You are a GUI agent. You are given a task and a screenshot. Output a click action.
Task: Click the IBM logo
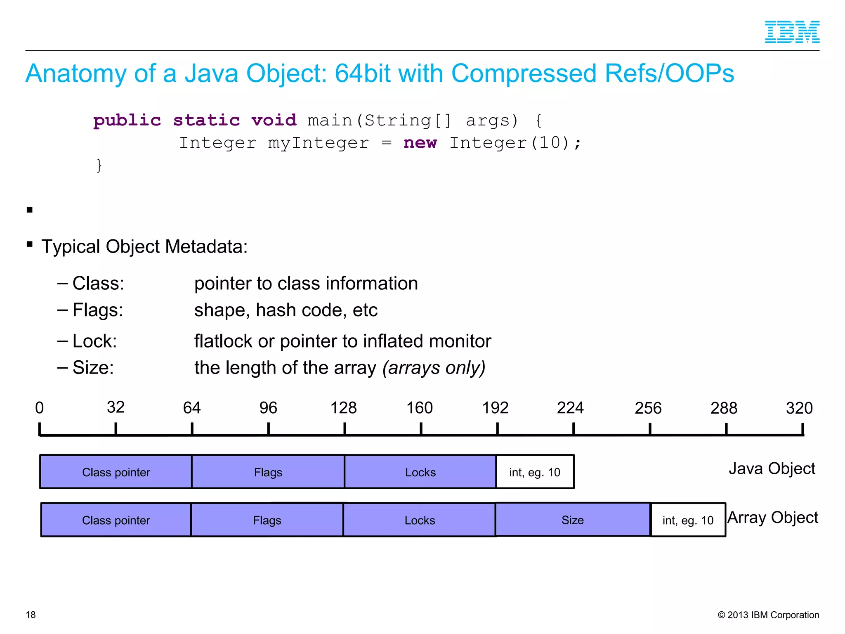pos(792,32)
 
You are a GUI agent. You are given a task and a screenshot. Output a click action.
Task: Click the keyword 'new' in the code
pos(420,143)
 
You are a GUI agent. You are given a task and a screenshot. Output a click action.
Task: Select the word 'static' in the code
pos(206,121)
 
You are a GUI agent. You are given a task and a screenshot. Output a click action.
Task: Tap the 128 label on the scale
pos(343,408)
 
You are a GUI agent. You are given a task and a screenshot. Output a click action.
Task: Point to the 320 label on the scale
pos(799,408)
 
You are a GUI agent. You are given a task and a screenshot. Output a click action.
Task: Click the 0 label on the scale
pos(39,408)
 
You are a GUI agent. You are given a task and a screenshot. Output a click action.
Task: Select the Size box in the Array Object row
pos(572,520)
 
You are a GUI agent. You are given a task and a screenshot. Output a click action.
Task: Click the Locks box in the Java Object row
pos(420,472)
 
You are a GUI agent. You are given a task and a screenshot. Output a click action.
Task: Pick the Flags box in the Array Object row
pos(267,520)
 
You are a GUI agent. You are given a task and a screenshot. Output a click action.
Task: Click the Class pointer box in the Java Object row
pos(116,472)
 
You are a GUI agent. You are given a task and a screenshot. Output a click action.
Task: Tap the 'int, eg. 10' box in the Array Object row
pos(688,520)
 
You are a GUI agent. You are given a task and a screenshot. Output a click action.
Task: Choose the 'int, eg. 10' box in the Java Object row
pos(534,472)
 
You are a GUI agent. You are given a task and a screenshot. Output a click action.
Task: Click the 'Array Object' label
pos(772,517)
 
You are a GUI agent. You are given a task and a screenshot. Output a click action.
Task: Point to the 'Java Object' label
pos(772,468)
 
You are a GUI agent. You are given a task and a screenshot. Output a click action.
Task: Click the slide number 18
pos(31,615)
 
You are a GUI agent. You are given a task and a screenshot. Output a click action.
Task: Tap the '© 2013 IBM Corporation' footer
pos(768,615)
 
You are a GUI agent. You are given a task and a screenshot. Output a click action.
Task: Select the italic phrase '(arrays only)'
pos(434,367)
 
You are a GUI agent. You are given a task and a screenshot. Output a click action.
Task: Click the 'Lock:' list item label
pos(94,341)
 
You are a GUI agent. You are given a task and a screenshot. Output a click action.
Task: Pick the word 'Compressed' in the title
pos(524,73)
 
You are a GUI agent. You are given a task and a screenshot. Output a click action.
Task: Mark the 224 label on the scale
pos(570,408)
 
